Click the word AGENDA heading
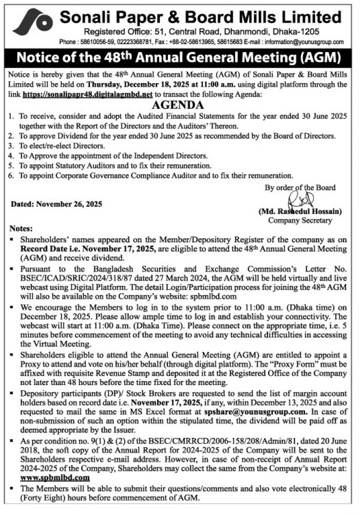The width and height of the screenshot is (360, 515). (x=179, y=105)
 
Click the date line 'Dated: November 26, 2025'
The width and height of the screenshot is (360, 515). (x=56, y=204)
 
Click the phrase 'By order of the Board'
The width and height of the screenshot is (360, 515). (x=300, y=187)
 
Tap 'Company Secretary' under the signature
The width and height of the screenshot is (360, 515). (x=300, y=220)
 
